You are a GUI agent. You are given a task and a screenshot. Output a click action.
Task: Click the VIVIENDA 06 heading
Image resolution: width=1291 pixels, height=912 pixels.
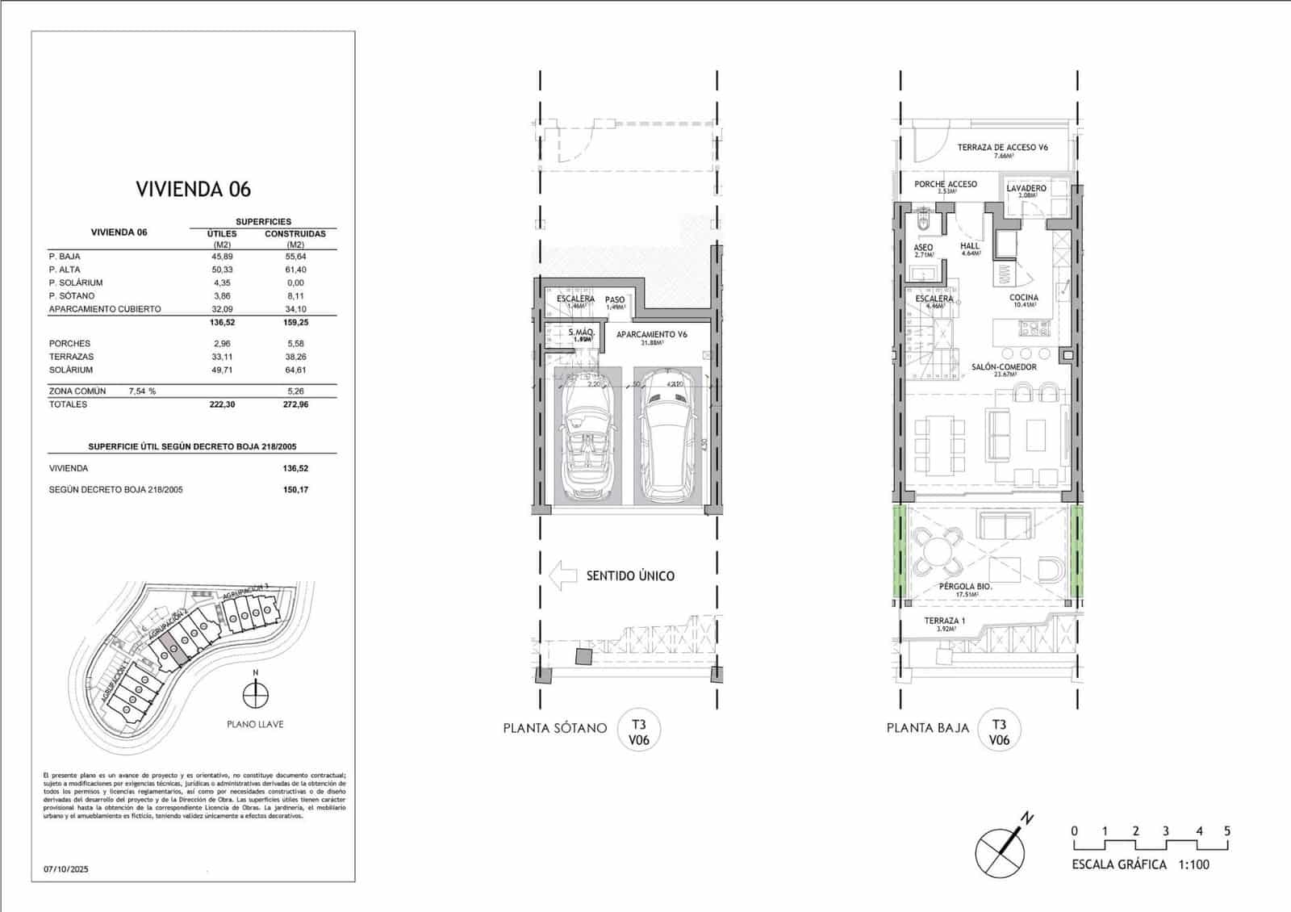(193, 190)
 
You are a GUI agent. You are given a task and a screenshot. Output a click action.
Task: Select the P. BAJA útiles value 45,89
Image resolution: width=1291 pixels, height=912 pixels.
(222, 256)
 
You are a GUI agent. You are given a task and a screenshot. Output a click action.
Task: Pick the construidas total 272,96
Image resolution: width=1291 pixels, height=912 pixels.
(295, 404)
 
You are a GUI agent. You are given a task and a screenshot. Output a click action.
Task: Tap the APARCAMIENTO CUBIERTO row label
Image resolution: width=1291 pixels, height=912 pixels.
(105, 309)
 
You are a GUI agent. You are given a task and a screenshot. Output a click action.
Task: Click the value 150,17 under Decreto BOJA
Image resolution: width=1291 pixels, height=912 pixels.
(295, 490)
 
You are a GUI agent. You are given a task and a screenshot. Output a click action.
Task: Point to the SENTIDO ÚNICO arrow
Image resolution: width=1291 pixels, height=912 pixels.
(562, 575)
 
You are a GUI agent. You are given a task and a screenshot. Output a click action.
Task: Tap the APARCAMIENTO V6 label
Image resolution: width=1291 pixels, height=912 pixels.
(651, 334)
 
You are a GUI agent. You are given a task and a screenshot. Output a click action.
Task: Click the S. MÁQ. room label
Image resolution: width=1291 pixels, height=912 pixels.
(581, 333)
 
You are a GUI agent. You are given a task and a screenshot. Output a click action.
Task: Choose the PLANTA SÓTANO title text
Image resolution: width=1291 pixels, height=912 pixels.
(554, 728)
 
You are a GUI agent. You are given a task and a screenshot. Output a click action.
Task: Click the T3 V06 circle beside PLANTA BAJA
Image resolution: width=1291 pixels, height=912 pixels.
(999, 731)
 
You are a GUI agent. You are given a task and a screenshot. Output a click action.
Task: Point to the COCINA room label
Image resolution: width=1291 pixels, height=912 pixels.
(1024, 298)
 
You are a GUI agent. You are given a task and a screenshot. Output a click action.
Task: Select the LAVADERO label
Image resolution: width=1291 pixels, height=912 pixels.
(1026, 188)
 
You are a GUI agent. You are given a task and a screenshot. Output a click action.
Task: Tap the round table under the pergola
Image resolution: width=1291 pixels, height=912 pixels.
(937, 553)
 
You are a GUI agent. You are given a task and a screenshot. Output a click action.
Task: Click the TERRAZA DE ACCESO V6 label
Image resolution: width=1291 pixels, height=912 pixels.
(1002, 148)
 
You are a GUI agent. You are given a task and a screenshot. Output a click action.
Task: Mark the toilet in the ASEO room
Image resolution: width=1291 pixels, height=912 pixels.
(925, 222)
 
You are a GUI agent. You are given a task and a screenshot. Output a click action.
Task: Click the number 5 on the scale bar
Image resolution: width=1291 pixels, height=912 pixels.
(1226, 831)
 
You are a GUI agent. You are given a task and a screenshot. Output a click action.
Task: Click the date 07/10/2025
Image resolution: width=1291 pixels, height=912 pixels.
(66, 869)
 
